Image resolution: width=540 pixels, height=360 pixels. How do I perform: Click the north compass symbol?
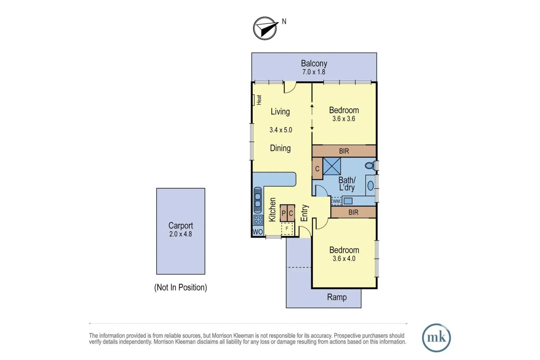pyautogui.click(x=265, y=28)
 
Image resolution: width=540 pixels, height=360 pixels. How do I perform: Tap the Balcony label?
pyautogui.click(x=314, y=64)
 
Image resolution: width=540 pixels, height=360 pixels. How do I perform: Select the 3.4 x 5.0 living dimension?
pyautogui.click(x=281, y=130)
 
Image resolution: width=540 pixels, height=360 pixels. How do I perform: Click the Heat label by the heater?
pyautogui.click(x=259, y=100)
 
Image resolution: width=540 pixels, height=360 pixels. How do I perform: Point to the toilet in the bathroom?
pyautogui.click(x=370, y=166)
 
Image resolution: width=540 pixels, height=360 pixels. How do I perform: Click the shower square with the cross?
pyautogui.click(x=332, y=166)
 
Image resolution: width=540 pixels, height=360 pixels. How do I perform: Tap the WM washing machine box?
pyautogui.click(x=336, y=201)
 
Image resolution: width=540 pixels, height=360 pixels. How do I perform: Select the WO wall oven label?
pyautogui.click(x=258, y=232)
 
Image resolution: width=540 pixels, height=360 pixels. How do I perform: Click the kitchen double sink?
pyautogui.click(x=258, y=200)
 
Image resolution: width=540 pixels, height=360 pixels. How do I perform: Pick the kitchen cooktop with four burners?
pyautogui.click(x=258, y=220)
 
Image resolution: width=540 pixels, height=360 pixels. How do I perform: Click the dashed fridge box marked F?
pyautogui.click(x=287, y=228)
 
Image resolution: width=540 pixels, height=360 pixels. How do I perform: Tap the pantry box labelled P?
pyautogui.click(x=284, y=213)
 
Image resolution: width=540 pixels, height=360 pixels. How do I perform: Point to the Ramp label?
pyautogui.click(x=337, y=297)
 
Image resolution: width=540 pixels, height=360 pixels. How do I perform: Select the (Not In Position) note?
pyautogui.click(x=180, y=287)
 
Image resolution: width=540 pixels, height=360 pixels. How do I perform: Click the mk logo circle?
pyautogui.click(x=436, y=338)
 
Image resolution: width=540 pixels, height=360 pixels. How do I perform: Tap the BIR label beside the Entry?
pyautogui.click(x=354, y=212)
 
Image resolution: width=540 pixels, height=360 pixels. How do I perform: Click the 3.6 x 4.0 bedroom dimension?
pyautogui.click(x=344, y=259)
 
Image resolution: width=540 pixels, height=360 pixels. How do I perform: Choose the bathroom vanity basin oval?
pyautogui.click(x=371, y=186)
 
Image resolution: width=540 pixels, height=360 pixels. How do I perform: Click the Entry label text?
pyautogui.click(x=305, y=213)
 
